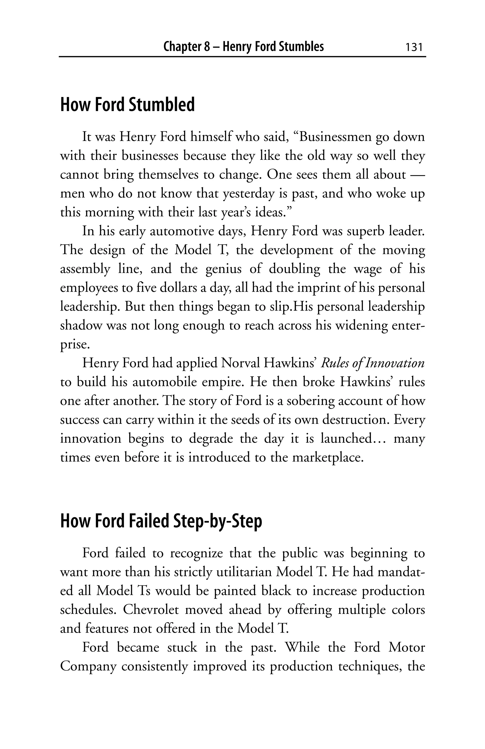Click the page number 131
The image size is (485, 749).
413,47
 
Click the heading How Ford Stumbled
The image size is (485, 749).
127,105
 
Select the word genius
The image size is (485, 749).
224,269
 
